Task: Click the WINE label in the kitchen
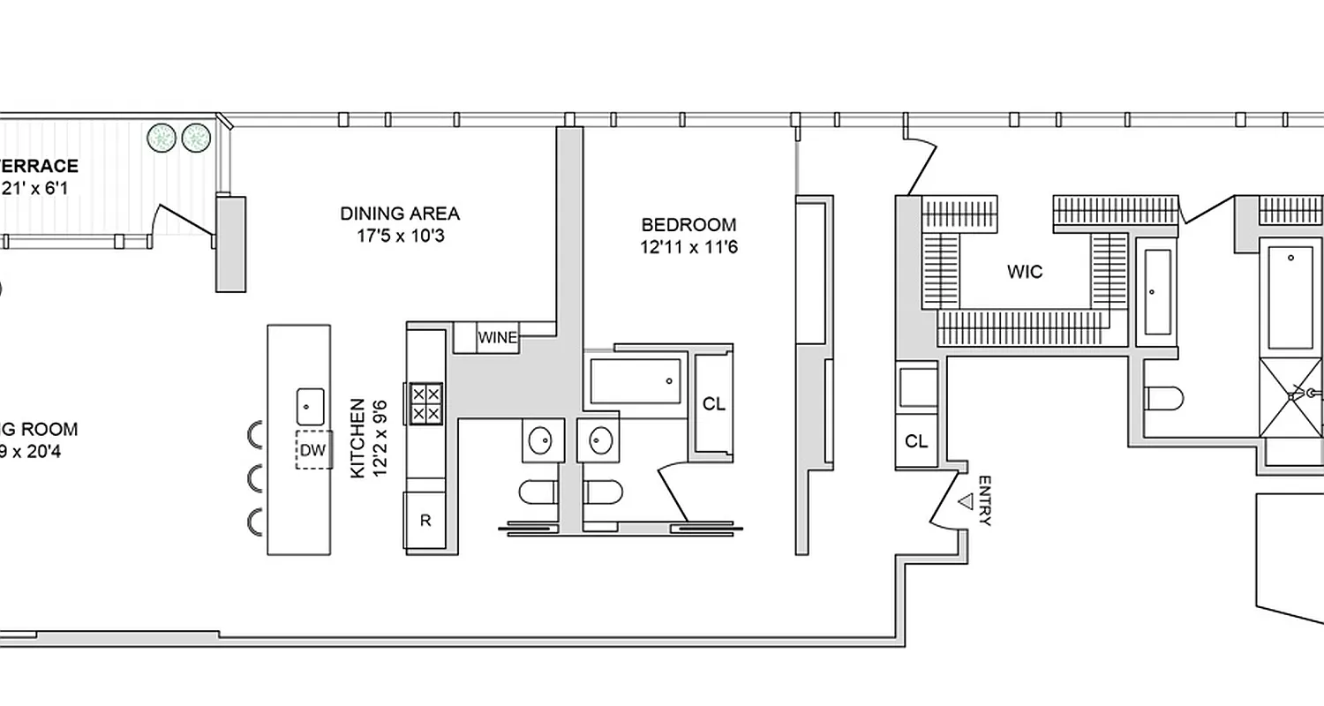(x=498, y=337)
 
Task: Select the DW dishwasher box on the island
(x=313, y=451)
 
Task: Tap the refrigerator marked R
(x=425, y=521)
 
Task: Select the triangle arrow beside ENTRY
(x=966, y=501)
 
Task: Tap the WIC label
(x=1025, y=272)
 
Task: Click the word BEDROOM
(x=688, y=225)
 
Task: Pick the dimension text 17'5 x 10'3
(x=400, y=237)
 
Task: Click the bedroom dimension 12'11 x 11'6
(x=688, y=248)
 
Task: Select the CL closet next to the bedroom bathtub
(x=713, y=404)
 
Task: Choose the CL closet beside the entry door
(x=917, y=441)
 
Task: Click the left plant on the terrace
(x=162, y=137)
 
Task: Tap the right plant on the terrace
(x=196, y=137)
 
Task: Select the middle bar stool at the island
(x=256, y=478)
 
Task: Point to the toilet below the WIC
(x=1162, y=399)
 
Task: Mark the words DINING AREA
(x=400, y=214)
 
